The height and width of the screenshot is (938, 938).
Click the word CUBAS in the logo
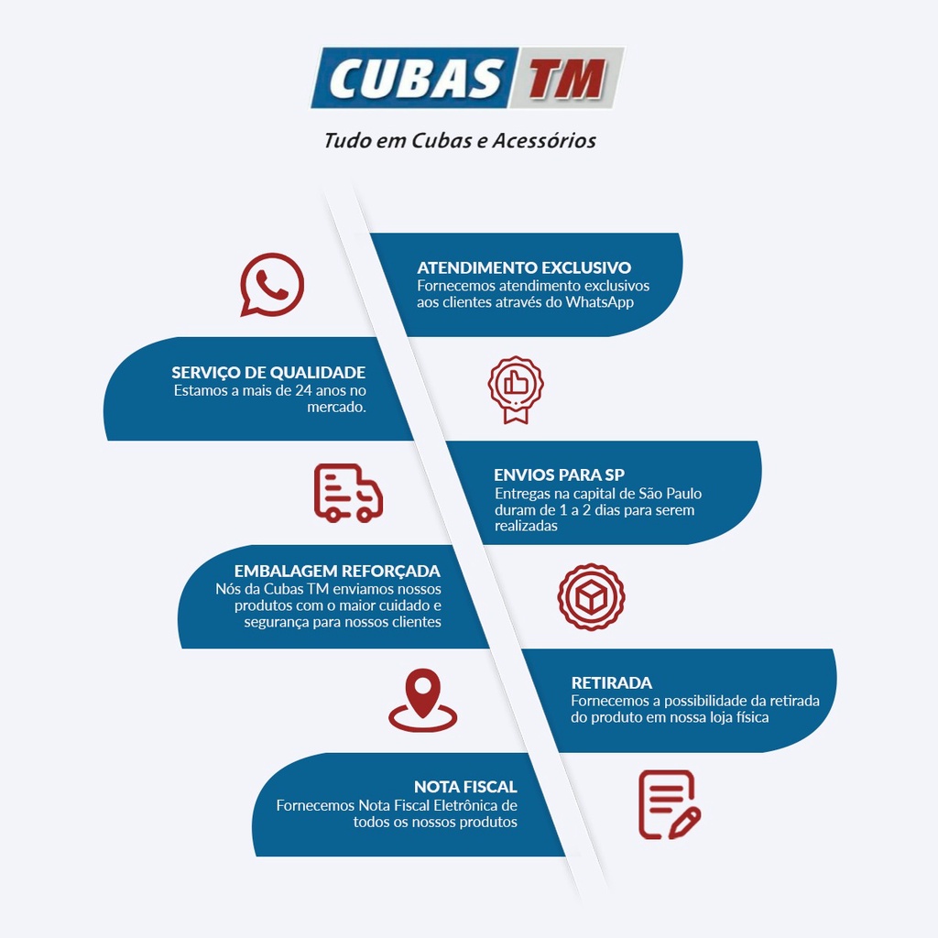(x=415, y=79)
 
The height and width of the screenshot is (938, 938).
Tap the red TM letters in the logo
(x=565, y=79)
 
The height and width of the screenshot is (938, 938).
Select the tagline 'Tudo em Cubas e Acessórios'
(x=460, y=140)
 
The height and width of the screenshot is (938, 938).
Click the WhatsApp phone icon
(x=271, y=285)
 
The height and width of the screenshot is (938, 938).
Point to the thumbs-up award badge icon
(x=516, y=390)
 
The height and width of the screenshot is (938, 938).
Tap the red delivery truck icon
(x=348, y=492)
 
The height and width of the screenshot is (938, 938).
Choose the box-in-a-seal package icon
(x=591, y=597)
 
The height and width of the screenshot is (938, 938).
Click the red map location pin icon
(x=423, y=701)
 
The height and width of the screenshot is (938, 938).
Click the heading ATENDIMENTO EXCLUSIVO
(x=524, y=267)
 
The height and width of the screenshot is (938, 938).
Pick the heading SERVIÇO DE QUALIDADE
(x=268, y=373)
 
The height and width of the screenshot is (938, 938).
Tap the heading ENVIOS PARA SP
(x=560, y=475)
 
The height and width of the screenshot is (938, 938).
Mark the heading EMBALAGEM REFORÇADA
(x=337, y=572)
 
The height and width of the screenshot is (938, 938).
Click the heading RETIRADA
(x=611, y=682)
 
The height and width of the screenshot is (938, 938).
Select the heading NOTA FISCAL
(x=465, y=787)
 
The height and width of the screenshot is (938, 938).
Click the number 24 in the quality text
(x=303, y=390)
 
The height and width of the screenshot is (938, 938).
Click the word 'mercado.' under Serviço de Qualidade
(x=337, y=408)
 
